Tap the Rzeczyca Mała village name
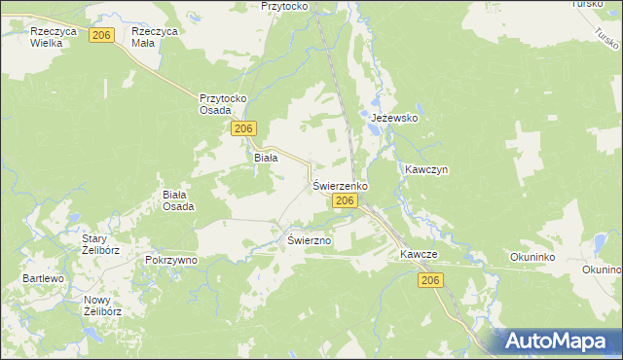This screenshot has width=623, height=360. tap(159, 37)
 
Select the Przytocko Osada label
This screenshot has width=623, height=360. tap(225, 104)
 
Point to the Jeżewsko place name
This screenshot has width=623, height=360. tap(394, 118)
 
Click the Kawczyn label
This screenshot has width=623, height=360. tap(426, 169)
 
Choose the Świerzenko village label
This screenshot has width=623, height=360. tap(339, 185)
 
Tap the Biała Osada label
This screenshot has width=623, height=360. tap(178, 199)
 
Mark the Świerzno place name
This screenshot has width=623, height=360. tap(311, 239)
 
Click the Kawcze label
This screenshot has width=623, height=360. tap(419, 254)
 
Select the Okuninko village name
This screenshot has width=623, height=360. tap(531, 258)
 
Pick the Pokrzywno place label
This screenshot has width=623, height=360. tap(171, 261)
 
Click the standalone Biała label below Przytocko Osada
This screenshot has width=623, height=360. tap(266, 157)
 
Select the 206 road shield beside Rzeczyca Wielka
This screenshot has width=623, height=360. tap(101, 35)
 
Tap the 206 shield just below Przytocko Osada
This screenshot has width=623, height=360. tap(244, 128)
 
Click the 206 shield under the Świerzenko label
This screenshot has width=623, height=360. tap(343, 200)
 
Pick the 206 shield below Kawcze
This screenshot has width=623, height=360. tap(432, 280)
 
